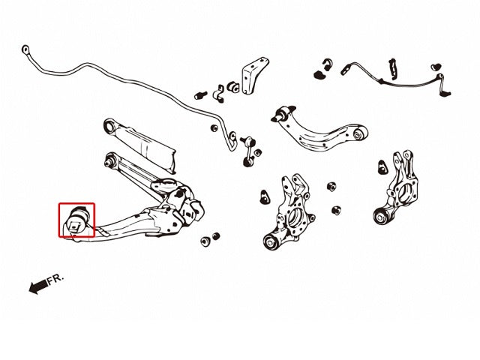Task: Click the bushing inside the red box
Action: point(76,219)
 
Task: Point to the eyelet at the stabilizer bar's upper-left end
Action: point(28,52)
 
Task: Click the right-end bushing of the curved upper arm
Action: point(360,135)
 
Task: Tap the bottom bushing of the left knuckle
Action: point(274,241)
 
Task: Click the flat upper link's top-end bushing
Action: point(109,125)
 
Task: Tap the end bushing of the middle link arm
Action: point(110,159)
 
